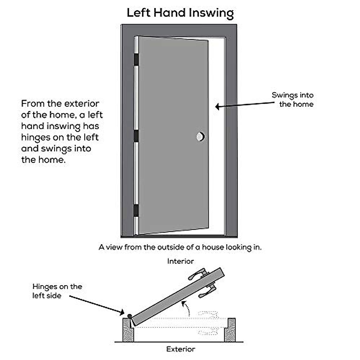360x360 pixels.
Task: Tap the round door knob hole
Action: (200, 137)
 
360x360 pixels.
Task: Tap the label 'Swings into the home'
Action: (293, 100)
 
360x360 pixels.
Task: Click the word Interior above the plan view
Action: (180, 261)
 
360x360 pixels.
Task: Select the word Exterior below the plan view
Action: (181, 349)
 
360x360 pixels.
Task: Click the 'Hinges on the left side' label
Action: (57, 291)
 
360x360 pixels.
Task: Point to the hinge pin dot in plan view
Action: (129, 316)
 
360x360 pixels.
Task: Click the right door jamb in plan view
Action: (230, 330)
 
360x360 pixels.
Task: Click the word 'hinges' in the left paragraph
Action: (33, 137)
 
